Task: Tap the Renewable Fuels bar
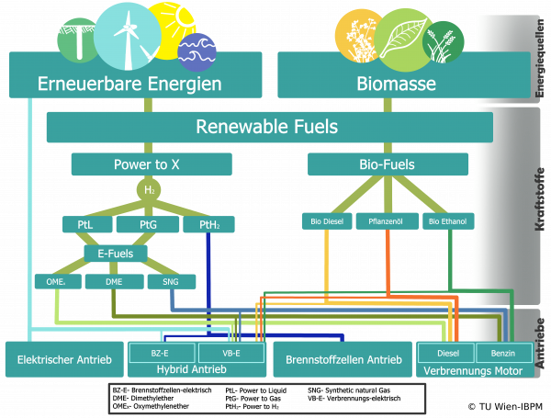click(x=266, y=127)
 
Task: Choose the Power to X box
click(x=152, y=164)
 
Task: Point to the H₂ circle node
click(x=150, y=189)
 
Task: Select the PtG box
click(x=148, y=224)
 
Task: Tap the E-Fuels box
click(x=116, y=252)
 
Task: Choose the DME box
click(x=114, y=281)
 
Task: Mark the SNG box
click(x=171, y=281)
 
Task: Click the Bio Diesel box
click(x=326, y=220)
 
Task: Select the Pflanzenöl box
click(x=387, y=220)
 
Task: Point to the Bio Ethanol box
click(x=447, y=220)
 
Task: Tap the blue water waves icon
click(x=197, y=51)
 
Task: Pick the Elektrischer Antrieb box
click(x=64, y=359)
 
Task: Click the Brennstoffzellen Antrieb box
click(x=343, y=359)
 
